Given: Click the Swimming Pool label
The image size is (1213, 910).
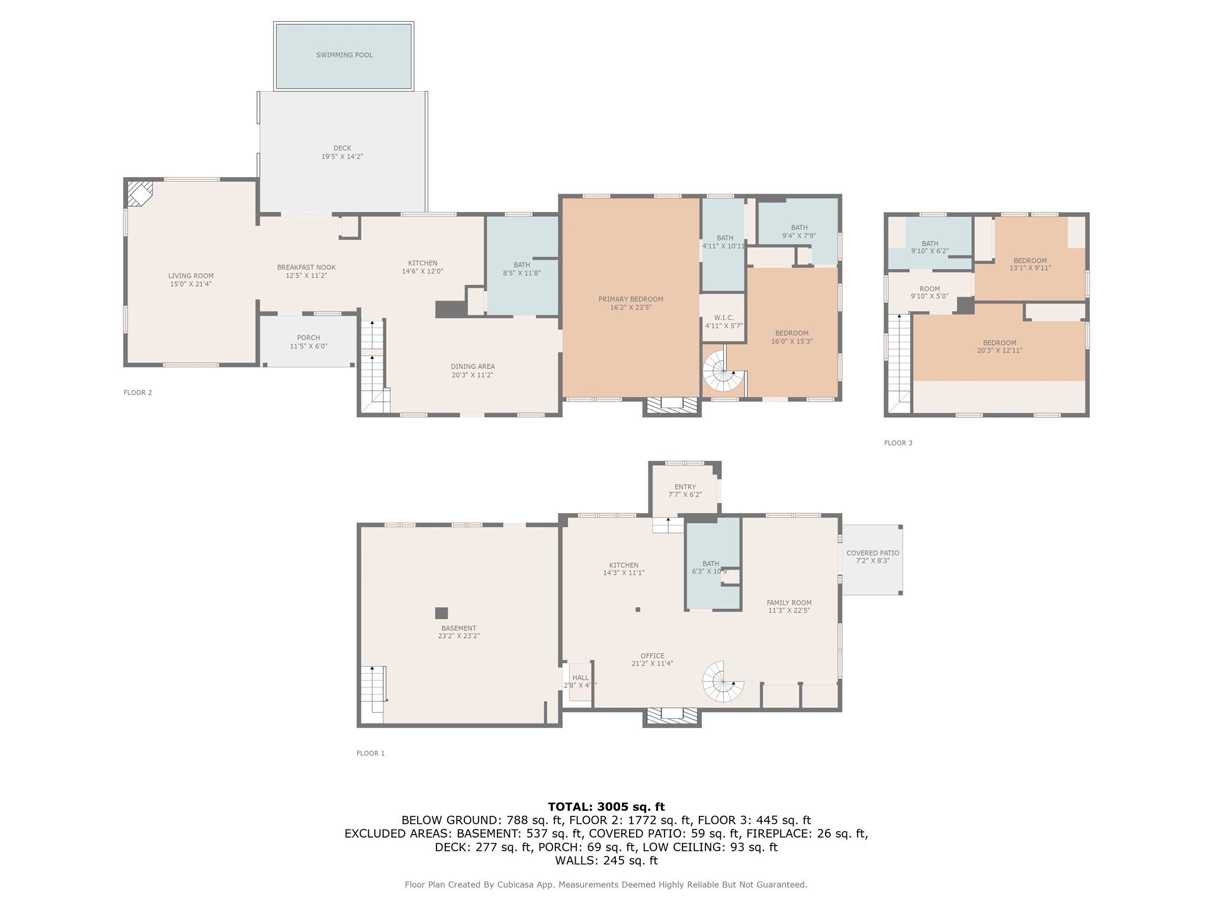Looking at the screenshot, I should (x=344, y=55).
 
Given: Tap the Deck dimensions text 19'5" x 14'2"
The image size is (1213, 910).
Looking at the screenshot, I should (x=342, y=157).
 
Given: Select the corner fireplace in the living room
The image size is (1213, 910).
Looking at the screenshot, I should (x=140, y=193).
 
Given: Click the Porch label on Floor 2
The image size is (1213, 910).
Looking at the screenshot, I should (x=309, y=338).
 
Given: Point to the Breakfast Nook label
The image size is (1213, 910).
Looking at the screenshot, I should (x=306, y=268).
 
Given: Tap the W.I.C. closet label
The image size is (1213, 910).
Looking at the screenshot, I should (x=724, y=318).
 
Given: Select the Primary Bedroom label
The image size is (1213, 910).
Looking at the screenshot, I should (x=630, y=299).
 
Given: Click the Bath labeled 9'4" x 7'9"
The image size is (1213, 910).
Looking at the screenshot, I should (x=798, y=231).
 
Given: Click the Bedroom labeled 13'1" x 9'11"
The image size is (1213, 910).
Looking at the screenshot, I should (x=1030, y=264).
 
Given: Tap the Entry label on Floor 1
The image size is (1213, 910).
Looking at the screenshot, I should (x=685, y=487).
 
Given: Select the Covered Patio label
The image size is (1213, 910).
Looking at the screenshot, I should (x=872, y=553).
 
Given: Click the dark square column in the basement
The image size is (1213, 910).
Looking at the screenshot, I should (x=441, y=613).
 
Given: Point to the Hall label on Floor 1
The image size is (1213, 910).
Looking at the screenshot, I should (x=580, y=678).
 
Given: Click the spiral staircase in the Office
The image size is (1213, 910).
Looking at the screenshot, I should (x=723, y=682).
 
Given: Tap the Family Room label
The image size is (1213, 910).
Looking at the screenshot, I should (x=789, y=603).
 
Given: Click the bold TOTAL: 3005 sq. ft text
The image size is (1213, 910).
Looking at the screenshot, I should (x=606, y=806).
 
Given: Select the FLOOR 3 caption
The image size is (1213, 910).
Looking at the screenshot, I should (x=898, y=443).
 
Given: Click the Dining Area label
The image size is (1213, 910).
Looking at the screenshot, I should (x=472, y=367).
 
